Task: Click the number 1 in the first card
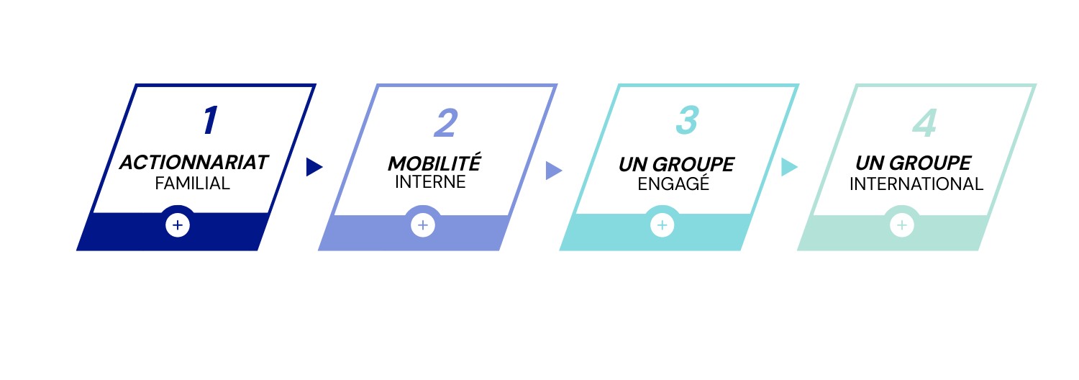(x=210, y=120)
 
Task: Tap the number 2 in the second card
(x=445, y=123)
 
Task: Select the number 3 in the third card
(x=688, y=120)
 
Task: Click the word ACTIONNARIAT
(x=194, y=163)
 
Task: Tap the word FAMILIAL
(x=192, y=184)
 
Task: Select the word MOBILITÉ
(x=434, y=163)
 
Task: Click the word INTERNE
(x=430, y=182)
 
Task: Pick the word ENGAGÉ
(x=673, y=184)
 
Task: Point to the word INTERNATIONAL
(x=916, y=184)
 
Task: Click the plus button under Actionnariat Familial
(x=178, y=225)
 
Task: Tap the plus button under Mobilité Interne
(x=423, y=225)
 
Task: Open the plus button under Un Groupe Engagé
(x=663, y=225)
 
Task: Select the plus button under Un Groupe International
(x=902, y=225)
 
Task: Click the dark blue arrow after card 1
(x=314, y=168)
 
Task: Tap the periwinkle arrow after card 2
(x=553, y=171)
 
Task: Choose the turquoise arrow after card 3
(x=789, y=167)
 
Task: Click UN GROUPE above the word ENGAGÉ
(x=676, y=164)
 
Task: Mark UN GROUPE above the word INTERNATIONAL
(x=914, y=163)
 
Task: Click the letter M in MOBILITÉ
(x=398, y=164)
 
